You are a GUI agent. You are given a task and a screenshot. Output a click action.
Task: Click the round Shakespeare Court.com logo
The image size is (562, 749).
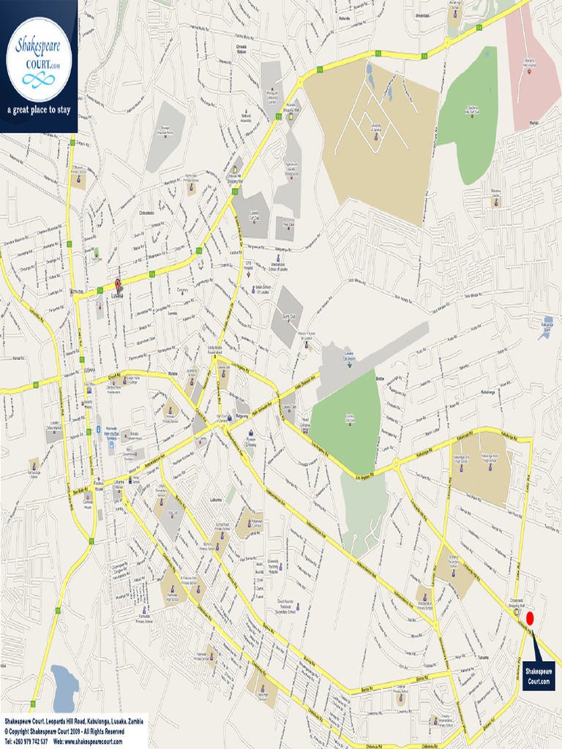[38, 59]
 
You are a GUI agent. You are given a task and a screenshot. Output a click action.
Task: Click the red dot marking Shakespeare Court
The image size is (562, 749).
[531, 619]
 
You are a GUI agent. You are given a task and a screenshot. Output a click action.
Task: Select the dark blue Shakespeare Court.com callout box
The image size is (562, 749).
[539, 675]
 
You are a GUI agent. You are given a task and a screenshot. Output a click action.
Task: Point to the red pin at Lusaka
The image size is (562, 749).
[118, 285]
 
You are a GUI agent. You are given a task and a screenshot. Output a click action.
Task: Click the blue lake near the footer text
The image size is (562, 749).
[64, 688]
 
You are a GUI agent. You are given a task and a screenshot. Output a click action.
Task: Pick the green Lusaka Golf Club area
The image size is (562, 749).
[348, 421]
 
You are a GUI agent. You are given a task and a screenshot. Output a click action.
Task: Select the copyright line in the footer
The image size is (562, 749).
[64, 731]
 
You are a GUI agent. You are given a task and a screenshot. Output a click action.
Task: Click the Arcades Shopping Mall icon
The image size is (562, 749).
[291, 116]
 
